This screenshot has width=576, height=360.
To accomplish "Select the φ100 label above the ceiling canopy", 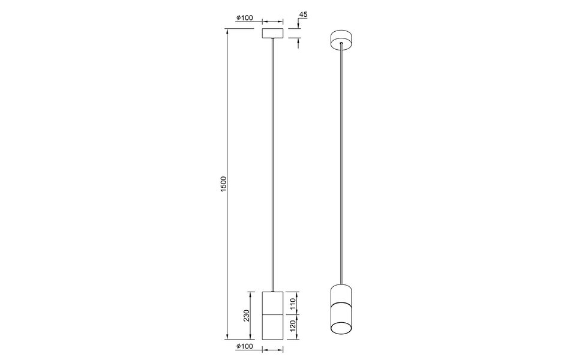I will point(244,17).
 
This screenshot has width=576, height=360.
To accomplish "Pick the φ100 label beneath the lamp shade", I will point(244,346).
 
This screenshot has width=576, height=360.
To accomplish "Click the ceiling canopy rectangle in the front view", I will point(274,32).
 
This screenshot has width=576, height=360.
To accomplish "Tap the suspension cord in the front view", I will point(274,162).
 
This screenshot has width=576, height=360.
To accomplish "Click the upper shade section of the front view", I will point(274,302).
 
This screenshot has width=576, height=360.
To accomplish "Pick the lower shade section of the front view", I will point(274,327).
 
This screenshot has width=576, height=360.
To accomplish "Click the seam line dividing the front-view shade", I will point(274,314).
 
